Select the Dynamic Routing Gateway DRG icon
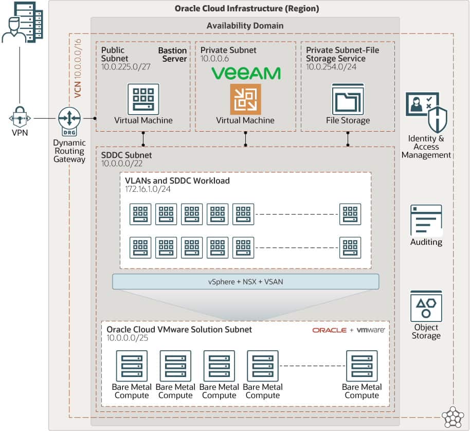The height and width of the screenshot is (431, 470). click(69, 118)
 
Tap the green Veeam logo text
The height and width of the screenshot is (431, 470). click(246, 74)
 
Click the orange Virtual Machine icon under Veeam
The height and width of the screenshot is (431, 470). click(245, 99)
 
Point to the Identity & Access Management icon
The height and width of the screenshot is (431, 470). click(426, 112)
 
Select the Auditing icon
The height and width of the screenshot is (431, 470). click(426, 220)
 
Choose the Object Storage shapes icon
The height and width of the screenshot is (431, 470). click(426, 306)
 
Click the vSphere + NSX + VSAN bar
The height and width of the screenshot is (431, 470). click(245, 281)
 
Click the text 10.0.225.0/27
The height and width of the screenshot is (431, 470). click(125, 67)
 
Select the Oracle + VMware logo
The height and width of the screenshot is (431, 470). click(348, 330)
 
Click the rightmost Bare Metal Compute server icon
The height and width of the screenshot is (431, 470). click(361, 366)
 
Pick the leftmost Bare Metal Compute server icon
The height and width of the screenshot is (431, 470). click(132, 366)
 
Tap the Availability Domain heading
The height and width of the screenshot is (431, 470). click(245, 26)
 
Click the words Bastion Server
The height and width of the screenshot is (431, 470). click(172, 55)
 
